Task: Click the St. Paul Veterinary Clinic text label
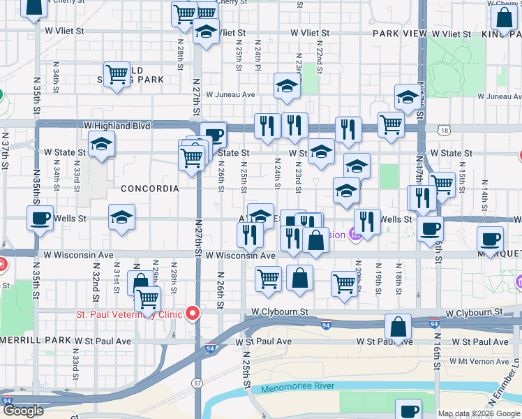(128, 314)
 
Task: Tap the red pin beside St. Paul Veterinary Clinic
(191, 314)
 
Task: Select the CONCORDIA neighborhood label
(149, 189)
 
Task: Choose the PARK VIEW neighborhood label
(399, 33)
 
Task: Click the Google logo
(23, 411)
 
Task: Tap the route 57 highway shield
(197, 383)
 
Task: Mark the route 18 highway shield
(445, 129)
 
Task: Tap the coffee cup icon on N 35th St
(39, 217)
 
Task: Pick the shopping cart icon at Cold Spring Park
(117, 73)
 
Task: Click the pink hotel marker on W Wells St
(355, 235)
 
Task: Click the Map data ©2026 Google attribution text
(479, 413)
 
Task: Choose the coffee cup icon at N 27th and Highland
(214, 134)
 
